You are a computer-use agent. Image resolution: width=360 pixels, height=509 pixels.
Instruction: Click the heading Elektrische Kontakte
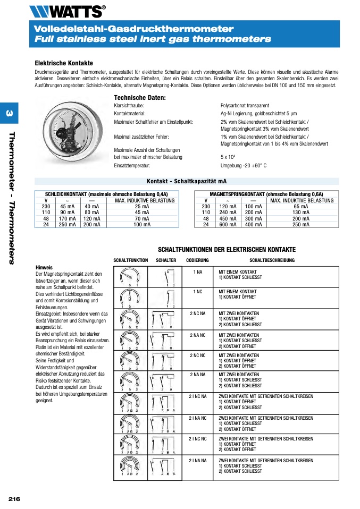click(x=63, y=63)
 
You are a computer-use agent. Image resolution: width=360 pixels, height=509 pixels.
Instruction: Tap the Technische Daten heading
click(x=140, y=98)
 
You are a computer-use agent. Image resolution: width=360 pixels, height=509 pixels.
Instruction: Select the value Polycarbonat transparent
click(x=245, y=106)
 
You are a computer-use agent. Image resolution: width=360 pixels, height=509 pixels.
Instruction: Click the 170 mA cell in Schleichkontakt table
click(x=68, y=218)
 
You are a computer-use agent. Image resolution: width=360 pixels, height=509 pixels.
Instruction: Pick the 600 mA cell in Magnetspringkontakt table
click(x=228, y=225)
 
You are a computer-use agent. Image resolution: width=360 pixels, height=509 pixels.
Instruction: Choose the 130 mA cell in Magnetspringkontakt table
click(x=301, y=213)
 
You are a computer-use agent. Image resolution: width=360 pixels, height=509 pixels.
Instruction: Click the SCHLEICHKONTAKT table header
click(x=106, y=194)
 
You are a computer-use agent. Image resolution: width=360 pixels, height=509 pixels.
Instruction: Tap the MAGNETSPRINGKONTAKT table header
click(x=266, y=194)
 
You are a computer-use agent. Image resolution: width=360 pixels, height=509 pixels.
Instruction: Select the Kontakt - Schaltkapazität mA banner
click(x=186, y=181)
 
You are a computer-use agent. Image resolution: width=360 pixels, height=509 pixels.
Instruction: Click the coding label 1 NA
click(x=197, y=272)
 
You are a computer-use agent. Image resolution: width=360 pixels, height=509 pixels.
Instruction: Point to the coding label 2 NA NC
click(x=197, y=335)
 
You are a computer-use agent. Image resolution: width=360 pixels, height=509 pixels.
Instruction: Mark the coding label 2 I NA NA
click(x=197, y=460)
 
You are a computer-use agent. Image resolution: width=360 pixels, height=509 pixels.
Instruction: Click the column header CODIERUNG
click(x=197, y=260)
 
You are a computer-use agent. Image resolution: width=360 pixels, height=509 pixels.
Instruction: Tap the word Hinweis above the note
click(x=44, y=267)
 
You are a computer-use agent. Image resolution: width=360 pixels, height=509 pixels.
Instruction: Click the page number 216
click(x=14, y=499)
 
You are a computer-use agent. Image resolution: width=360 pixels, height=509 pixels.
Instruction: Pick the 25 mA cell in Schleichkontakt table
click(x=141, y=206)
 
